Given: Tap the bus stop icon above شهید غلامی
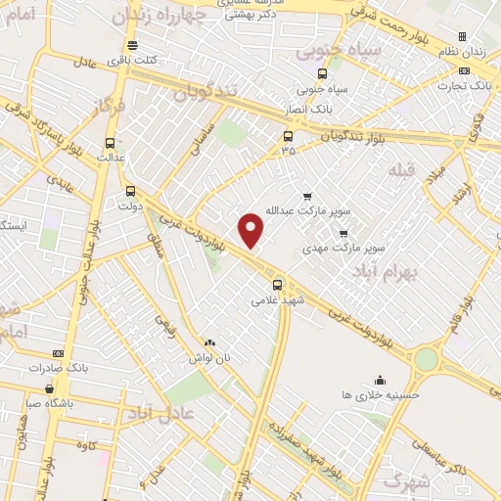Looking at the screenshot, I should [277, 285].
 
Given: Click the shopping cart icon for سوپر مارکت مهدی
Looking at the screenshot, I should [342, 233].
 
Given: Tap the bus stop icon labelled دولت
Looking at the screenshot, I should [130, 192].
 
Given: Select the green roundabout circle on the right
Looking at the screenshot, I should [426, 359].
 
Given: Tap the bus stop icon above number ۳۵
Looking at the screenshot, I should [288, 137].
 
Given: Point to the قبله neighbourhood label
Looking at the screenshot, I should [401, 171].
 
